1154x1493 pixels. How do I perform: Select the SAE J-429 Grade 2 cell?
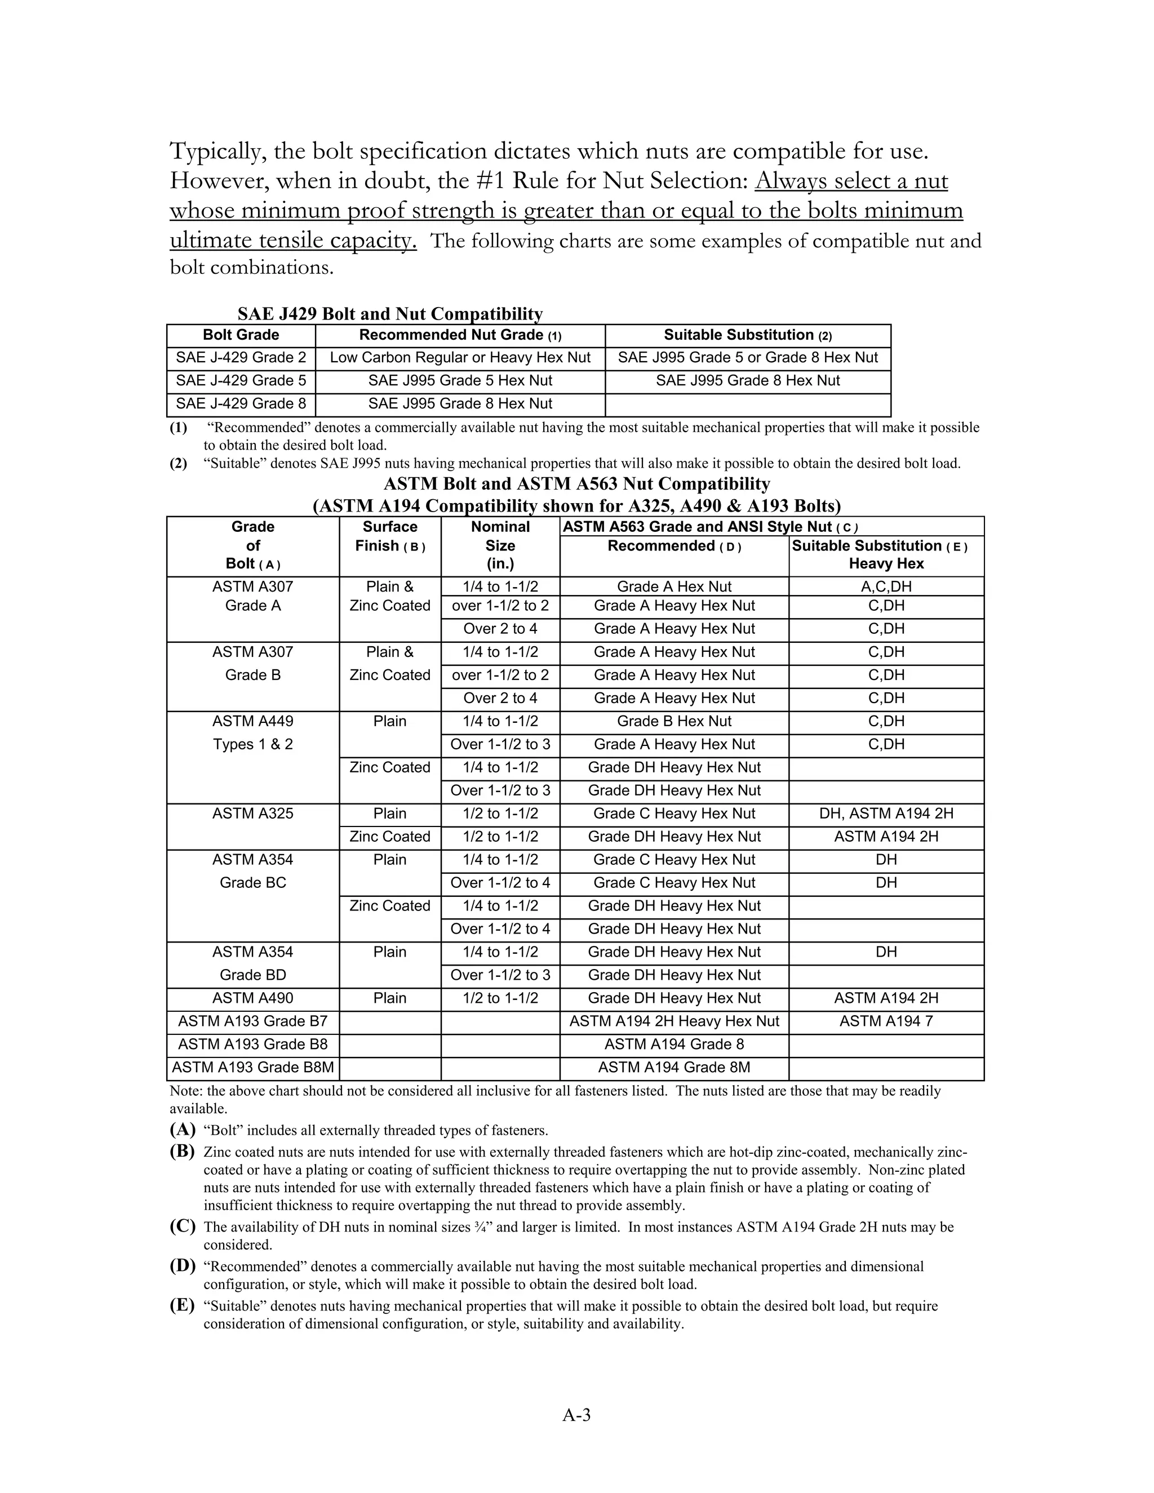[x=241, y=358]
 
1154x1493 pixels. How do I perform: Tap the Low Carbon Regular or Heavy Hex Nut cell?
[x=460, y=358]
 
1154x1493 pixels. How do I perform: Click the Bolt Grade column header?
[x=241, y=335]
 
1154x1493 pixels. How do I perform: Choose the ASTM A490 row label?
[x=252, y=998]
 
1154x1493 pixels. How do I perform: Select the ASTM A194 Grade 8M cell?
[x=674, y=1067]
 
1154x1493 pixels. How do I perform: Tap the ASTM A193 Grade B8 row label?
[x=252, y=1044]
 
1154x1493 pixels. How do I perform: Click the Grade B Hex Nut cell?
[x=674, y=721]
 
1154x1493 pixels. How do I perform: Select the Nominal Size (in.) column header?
[x=500, y=545]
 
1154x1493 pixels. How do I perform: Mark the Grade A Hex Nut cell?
[x=674, y=586]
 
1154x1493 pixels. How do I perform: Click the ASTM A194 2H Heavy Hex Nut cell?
[x=674, y=1021]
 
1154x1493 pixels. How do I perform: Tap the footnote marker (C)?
[x=183, y=1227]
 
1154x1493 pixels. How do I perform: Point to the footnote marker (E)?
[x=183, y=1305]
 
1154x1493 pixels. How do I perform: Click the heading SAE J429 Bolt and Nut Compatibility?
[x=390, y=314]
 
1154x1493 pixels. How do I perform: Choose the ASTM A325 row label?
[x=252, y=814]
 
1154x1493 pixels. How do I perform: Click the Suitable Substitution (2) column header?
[x=748, y=335]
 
